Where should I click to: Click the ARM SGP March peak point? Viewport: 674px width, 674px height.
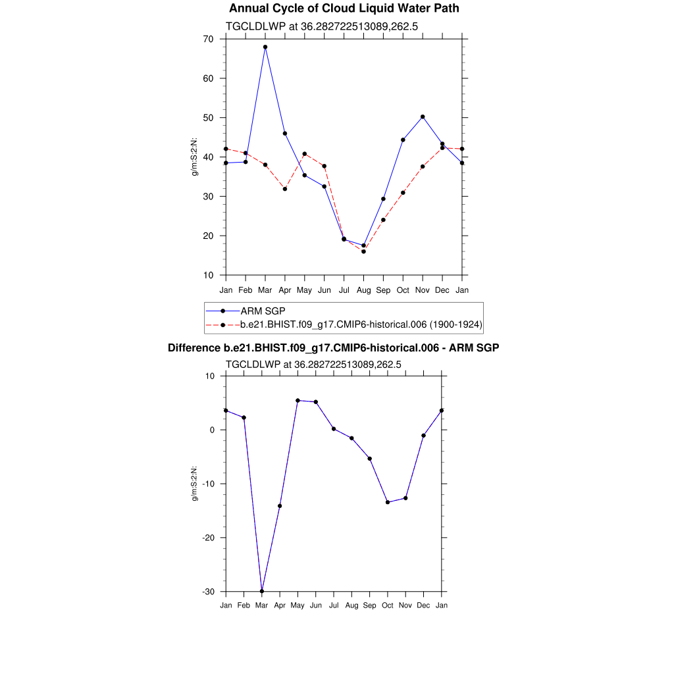(x=265, y=47)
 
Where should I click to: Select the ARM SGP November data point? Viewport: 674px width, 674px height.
(x=423, y=117)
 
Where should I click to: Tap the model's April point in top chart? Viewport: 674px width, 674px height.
(x=285, y=189)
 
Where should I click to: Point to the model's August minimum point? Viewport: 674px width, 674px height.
(x=363, y=251)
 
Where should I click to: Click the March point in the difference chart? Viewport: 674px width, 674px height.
(x=262, y=591)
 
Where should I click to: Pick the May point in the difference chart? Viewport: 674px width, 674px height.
(x=298, y=400)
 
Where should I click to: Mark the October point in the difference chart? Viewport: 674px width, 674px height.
(x=388, y=502)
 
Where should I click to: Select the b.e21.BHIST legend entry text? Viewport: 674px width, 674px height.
(x=361, y=324)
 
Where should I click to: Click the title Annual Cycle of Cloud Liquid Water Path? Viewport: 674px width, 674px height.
(x=344, y=9)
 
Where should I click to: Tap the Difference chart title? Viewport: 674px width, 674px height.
(x=333, y=348)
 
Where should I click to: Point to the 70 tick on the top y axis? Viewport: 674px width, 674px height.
(x=208, y=39)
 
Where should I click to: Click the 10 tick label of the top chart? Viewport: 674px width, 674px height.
(x=208, y=275)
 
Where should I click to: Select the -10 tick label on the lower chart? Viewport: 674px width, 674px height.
(x=208, y=484)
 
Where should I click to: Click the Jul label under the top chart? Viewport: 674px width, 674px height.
(x=344, y=290)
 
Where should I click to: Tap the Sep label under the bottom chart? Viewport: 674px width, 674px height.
(x=370, y=605)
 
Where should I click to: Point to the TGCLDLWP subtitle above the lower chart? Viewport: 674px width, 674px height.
(x=313, y=363)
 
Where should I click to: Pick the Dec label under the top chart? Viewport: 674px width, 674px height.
(x=442, y=290)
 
